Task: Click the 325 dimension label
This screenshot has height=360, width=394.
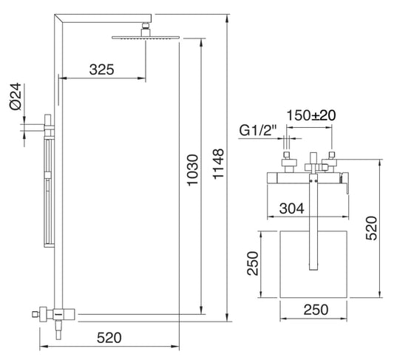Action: coord(101,69)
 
